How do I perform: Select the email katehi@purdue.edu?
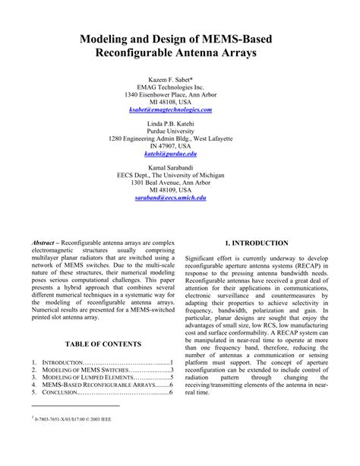click(x=180, y=153)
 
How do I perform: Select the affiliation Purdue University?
click(x=180, y=131)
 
